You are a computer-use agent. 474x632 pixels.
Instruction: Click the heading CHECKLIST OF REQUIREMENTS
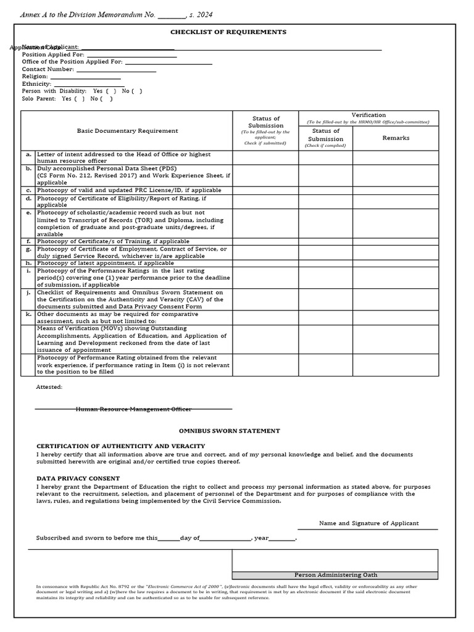[228, 32]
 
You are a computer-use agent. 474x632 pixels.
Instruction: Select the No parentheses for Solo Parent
[107, 99]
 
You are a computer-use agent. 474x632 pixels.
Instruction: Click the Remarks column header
[396, 138]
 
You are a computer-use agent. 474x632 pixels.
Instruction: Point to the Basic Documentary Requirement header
[127, 131]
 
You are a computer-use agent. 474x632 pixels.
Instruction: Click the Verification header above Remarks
[368, 115]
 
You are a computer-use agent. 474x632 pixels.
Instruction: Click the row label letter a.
[28, 154]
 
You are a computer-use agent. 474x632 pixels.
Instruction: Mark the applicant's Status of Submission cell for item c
[265, 191]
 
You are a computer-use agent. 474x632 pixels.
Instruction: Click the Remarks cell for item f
[396, 241]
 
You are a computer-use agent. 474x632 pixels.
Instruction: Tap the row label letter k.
[28, 314]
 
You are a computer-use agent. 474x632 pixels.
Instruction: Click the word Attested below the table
[49, 387]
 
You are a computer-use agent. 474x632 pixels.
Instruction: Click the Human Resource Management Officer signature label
[133, 409]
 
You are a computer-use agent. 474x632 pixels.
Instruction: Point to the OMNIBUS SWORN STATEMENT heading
[229, 431]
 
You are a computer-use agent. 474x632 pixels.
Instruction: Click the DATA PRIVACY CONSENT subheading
[78, 478]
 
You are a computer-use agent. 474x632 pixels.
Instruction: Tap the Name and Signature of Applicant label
[368, 523]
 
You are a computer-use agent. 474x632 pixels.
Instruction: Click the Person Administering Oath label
[335, 575]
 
